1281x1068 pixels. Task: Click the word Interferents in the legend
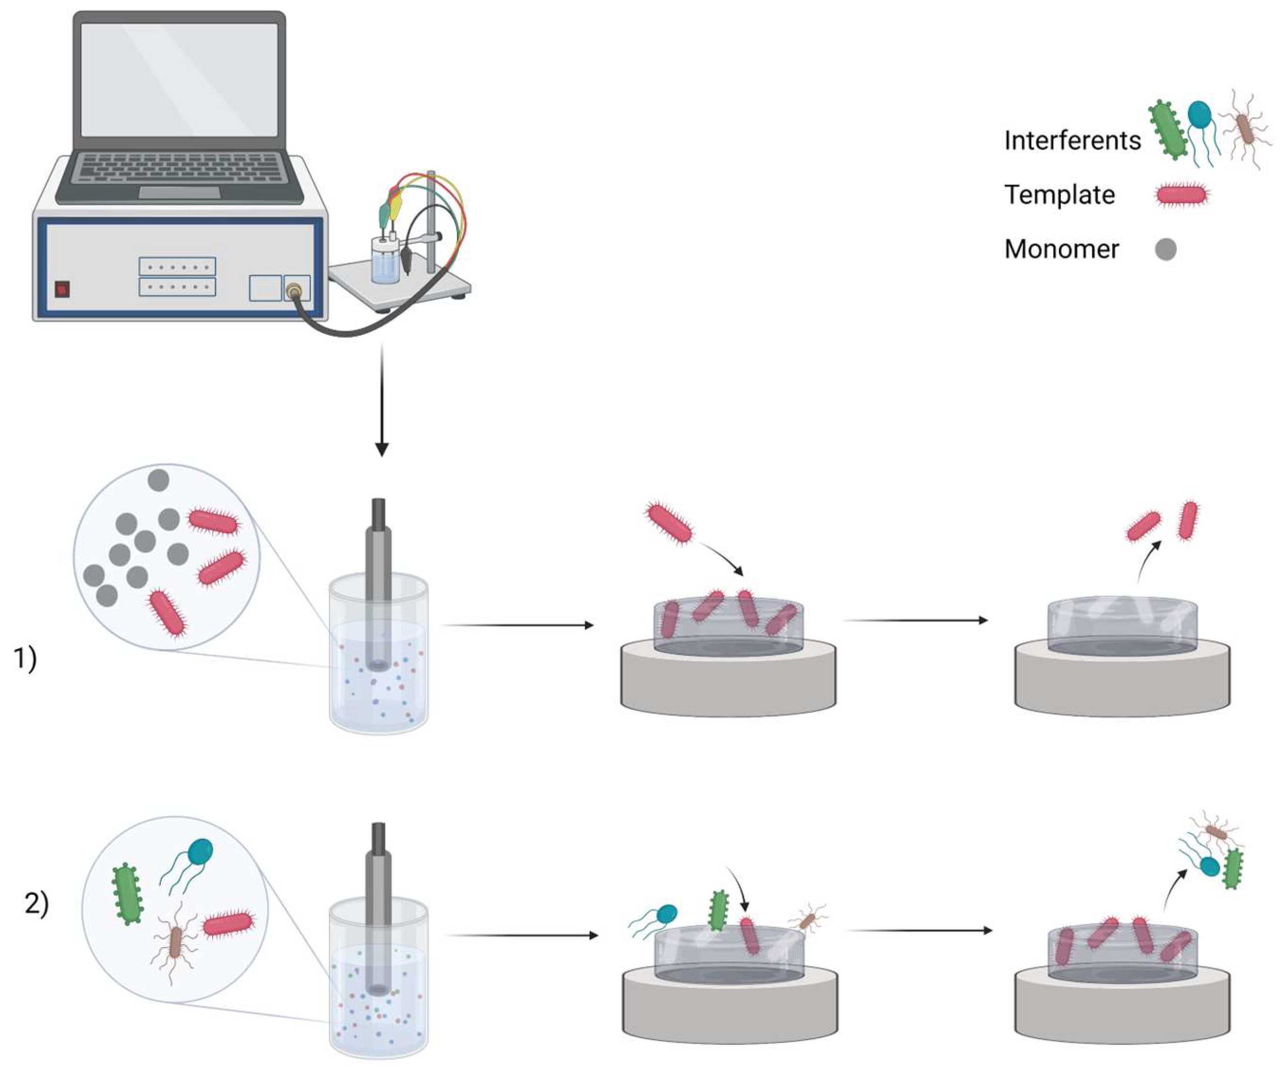pos(1072,141)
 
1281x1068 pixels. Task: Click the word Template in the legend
pos(1059,195)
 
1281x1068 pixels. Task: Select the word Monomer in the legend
pos(1061,249)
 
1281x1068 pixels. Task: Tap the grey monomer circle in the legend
pos(1166,250)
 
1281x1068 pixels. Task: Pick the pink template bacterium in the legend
pos(1182,195)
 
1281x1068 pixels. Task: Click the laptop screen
pos(179,79)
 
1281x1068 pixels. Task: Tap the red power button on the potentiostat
pos(62,288)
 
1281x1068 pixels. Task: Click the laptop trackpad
pos(179,192)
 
